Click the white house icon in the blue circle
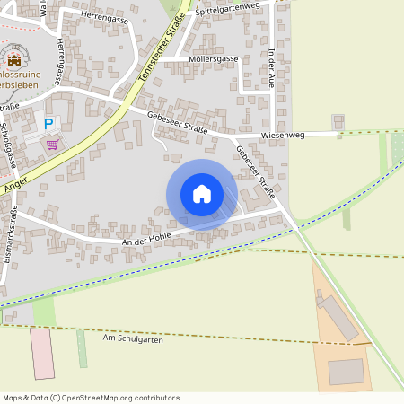pos(202,194)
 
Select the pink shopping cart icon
pos(52,143)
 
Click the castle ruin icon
pos(14,60)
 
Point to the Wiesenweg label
pos(284,135)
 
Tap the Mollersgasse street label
pos(214,58)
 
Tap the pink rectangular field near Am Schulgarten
pos(41,353)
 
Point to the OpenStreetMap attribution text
pos(90,398)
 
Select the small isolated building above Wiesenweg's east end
pos(338,120)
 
